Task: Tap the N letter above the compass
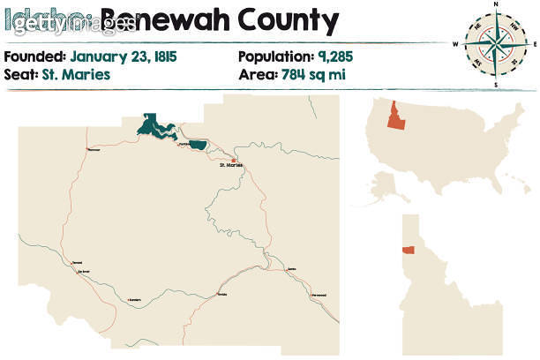496,4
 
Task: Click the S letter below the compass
496,84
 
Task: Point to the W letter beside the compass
456,43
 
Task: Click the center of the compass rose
496,43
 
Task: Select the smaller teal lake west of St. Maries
198,144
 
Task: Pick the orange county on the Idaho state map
409,250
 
